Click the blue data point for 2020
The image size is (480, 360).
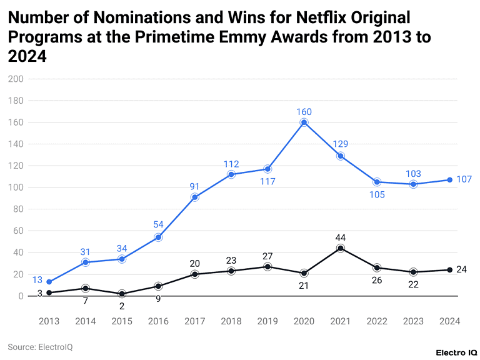(x=304, y=122)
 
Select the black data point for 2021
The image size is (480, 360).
(x=340, y=248)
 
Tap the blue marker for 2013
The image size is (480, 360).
(x=49, y=282)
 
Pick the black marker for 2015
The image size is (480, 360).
(x=122, y=294)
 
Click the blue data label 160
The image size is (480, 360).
(x=304, y=112)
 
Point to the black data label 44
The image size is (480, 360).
(x=340, y=237)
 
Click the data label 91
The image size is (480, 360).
(x=194, y=186)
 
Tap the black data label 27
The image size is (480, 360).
(x=267, y=256)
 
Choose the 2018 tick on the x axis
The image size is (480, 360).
(x=231, y=321)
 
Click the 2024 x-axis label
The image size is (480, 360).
(x=449, y=321)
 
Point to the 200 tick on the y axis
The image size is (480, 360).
(x=16, y=79)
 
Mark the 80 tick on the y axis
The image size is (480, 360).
(x=18, y=209)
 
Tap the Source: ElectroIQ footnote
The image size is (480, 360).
(x=40, y=347)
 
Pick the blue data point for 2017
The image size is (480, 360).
(x=195, y=197)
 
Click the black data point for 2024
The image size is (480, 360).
(x=449, y=270)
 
